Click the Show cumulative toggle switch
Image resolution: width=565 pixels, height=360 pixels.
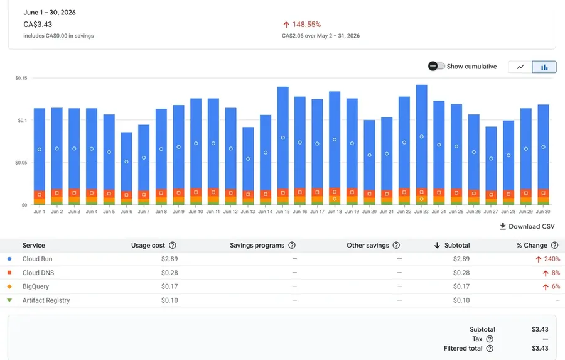pos(436,66)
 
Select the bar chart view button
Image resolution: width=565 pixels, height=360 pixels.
pos(544,67)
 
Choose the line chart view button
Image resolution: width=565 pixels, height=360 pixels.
pos(520,67)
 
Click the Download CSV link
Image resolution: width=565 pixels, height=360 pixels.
pos(527,227)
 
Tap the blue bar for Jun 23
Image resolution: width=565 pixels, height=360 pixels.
pos(421,136)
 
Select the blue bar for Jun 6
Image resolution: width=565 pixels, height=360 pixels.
pos(126,161)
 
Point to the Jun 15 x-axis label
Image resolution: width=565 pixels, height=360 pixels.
pos(282,212)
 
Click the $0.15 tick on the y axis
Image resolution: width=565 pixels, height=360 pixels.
pos(21,78)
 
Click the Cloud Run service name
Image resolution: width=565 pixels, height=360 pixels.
pos(38,259)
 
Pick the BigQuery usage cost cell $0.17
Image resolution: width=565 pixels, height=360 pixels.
pos(169,286)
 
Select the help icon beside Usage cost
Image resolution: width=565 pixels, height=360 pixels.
pos(173,245)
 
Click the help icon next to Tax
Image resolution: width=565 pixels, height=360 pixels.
pos(490,339)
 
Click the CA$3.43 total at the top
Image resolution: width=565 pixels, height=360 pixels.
pos(38,25)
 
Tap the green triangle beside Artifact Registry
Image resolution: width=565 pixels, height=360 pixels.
pos(9,300)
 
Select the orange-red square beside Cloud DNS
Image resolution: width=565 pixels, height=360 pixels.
pos(9,272)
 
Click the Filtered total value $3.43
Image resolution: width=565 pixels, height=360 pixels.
pos(540,349)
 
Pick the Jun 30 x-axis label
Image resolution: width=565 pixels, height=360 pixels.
pos(543,212)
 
